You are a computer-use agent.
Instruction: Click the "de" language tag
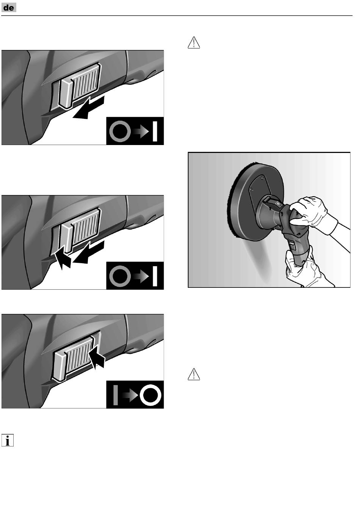point(9,8)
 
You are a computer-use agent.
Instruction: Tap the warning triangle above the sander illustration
point(194,43)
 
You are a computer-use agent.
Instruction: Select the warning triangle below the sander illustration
point(194,374)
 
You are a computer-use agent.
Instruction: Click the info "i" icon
point(8,440)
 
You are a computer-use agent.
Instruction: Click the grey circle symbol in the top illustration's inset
point(120,131)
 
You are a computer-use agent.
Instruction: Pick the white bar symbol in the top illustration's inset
point(155,131)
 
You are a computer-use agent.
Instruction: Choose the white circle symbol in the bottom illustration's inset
point(150,395)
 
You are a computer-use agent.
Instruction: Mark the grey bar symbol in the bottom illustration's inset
point(115,395)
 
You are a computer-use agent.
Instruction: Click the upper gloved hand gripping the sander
point(310,212)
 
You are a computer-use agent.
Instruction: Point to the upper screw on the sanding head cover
point(263,178)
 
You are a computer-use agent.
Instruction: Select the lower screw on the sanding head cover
point(251,189)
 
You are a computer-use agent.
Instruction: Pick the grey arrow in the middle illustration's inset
point(141,276)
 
